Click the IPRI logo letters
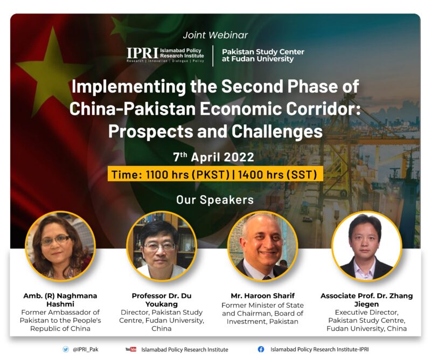[142, 53]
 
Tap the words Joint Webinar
[215, 35]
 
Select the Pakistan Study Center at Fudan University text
[263, 56]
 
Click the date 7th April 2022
[213, 157]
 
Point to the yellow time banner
[215, 174]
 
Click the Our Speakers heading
[215, 200]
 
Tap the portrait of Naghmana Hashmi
[60, 246]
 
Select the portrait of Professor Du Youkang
[162, 246]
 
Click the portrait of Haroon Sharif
[263, 246]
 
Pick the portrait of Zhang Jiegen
[367, 246]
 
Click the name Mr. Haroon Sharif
[262, 296]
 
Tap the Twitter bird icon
[65, 349]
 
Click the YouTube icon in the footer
[131, 349]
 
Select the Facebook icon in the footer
[261, 349]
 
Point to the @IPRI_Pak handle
[85, 350]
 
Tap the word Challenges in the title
[277, 131]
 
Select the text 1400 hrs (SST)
[277, 175]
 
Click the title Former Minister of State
[262, 305]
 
